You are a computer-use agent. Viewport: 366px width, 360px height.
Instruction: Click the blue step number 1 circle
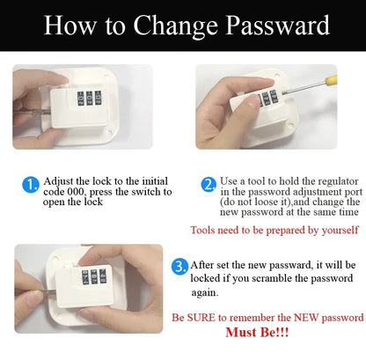[x=29, y=185]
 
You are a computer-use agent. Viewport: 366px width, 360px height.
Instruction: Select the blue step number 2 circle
[x=209, y=185]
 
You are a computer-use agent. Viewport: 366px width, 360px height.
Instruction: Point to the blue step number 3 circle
[x=179, y=265]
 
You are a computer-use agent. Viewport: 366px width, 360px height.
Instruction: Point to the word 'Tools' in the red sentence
[x=204, y=230]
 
